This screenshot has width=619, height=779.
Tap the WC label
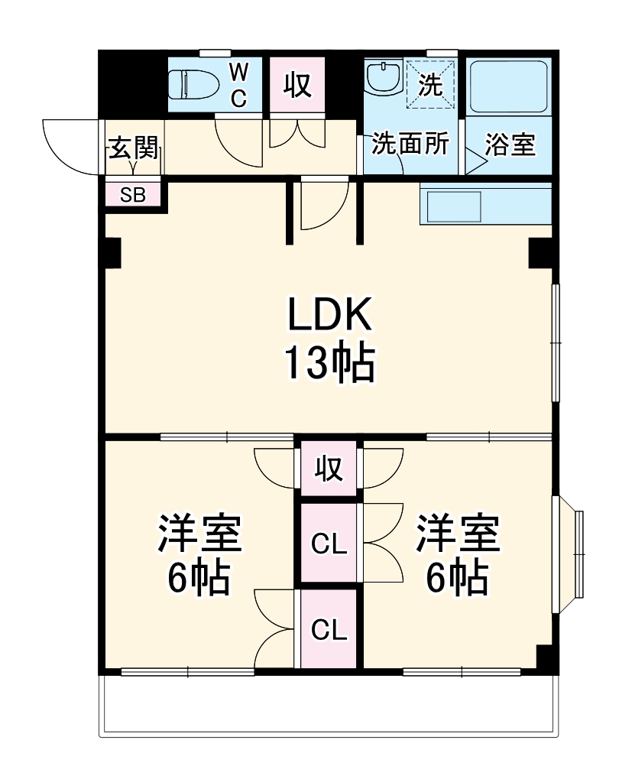tap(238, 84)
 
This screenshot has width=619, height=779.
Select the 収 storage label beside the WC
tap(298, 85)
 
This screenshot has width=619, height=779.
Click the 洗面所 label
tap(410, 144)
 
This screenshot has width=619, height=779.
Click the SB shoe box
tap(134, 194)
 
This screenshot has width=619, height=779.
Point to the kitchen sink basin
tap(453, 205)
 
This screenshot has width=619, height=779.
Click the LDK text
tap(329, 313)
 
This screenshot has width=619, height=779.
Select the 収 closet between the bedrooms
tap(329, 468)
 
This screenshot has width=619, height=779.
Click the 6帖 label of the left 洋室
tap(199, 579)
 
